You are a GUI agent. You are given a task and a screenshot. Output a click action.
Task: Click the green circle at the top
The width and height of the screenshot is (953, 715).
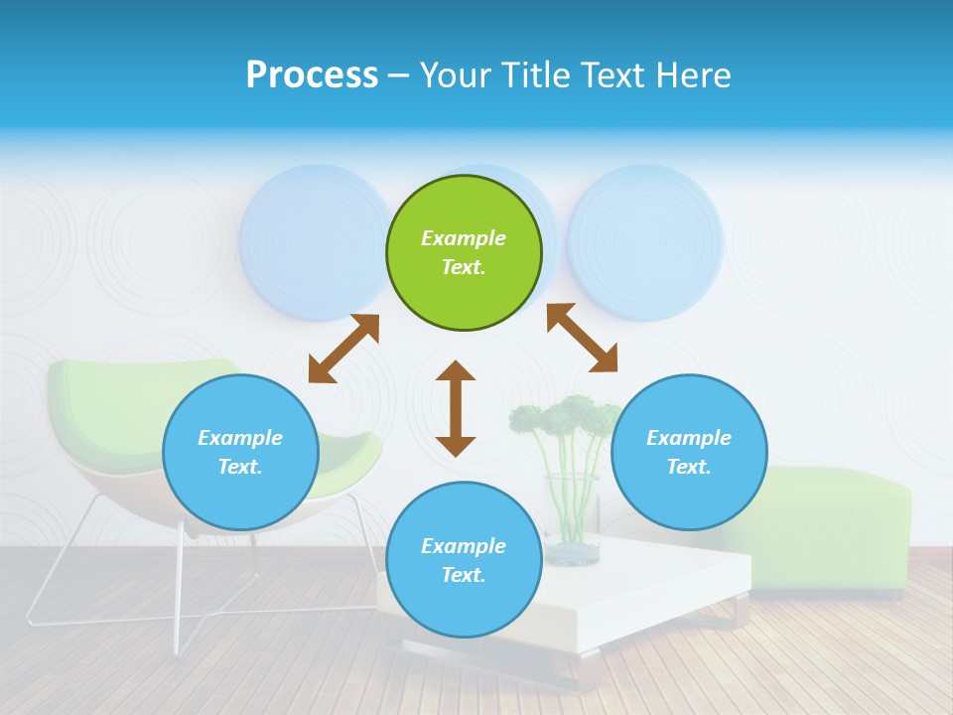click(x=464, y=253)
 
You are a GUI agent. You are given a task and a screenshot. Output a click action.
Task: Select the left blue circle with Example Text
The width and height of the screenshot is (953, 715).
click(x=240, y=452)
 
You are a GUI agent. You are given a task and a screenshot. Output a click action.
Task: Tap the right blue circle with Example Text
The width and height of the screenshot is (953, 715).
click(x=689, y=452)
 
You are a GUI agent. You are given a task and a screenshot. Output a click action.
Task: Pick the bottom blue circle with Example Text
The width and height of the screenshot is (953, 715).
click(x=464, y=560)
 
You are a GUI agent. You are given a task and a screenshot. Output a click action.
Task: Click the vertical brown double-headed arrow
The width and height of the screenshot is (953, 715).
click(x=456, y=408)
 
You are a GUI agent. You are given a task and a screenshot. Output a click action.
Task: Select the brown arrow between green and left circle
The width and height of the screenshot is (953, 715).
click(x=343, y=349)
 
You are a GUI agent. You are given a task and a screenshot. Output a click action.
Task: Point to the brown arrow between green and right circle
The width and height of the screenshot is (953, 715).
click(x=582, y=338)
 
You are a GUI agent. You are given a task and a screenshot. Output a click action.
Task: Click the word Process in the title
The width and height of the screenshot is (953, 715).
click(x=312, y=75)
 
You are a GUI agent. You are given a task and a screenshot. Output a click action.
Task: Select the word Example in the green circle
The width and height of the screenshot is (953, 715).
click(x=464, y=238)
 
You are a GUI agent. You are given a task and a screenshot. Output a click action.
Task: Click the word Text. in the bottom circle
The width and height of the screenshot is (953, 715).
click(x=464, y=575)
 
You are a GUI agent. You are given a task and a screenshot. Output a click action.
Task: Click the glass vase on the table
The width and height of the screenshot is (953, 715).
click(x=573, y=521)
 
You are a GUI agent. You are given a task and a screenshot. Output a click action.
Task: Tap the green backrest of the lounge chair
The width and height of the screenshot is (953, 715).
click(x=109, y=397)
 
